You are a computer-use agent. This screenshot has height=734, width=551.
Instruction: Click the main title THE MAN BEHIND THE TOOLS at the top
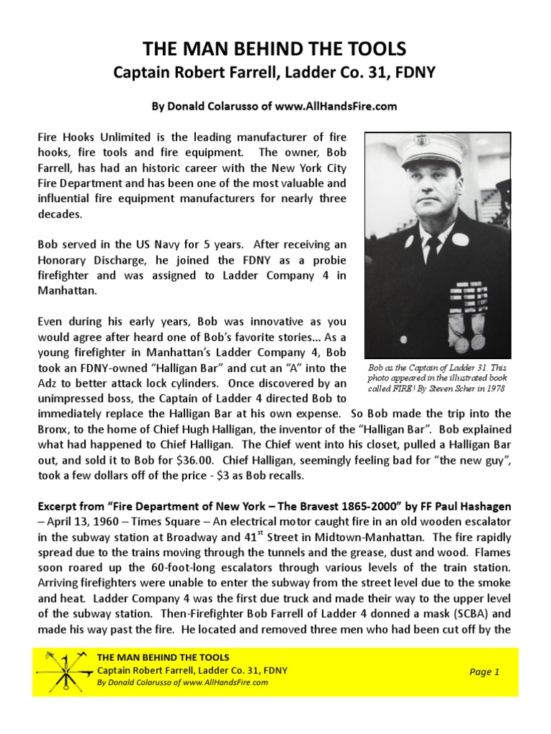click(275, 49)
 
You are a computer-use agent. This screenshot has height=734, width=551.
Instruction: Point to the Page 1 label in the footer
click(484, 672)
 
